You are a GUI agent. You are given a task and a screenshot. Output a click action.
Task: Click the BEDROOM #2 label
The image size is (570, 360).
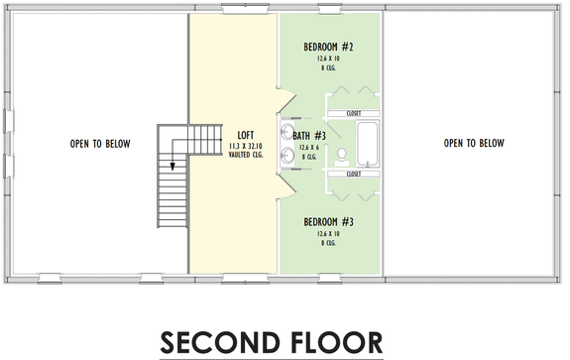(331, 46)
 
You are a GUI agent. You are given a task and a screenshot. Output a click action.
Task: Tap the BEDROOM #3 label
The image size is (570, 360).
(331, 221)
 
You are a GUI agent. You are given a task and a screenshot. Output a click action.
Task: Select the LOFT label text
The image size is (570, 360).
(247, 135)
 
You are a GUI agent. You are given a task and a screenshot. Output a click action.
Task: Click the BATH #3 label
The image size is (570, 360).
(309, 135)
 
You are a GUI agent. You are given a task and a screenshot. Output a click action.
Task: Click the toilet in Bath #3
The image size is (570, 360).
(341, 154)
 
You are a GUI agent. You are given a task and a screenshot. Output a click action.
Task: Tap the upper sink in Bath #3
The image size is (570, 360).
(288, 130)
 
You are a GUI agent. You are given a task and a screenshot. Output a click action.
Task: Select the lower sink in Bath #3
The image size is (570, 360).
(288, 154)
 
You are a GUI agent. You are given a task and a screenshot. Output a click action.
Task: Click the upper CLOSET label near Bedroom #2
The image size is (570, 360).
(354, 114)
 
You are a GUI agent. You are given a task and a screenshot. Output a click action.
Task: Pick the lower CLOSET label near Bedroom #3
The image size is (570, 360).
(354, 175)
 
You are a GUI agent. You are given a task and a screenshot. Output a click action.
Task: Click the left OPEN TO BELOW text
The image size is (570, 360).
(99, 143)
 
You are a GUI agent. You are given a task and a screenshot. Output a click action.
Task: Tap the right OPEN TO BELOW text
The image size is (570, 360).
(474, 143)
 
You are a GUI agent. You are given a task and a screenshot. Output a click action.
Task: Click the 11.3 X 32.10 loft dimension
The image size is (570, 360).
(247, 147)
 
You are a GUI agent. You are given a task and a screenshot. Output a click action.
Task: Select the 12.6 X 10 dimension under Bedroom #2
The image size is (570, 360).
(331, 59)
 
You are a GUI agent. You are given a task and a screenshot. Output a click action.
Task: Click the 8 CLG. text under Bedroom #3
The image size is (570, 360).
(331, 244)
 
